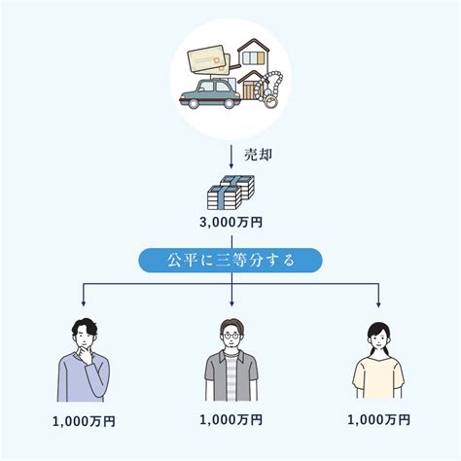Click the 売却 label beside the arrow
pos(258,156)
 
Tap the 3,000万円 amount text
pos(230,223)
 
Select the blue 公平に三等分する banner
pos(230,261)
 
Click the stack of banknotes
pos(230,193)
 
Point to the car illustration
pos(210,94)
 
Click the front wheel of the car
pos(194,103)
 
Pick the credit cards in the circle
pos(209,59)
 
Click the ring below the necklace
pos(270,101)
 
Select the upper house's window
pos(254,57)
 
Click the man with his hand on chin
pos(84,360)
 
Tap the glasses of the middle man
pos(230,336)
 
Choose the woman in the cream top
pos(378,361)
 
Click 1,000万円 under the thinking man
pos(84,421)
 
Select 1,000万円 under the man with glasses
pos(230,420)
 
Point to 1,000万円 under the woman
pos(378,420)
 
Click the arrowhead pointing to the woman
pos(378,304)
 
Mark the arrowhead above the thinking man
pos(84,304)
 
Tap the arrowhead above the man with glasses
pos(231,304)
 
